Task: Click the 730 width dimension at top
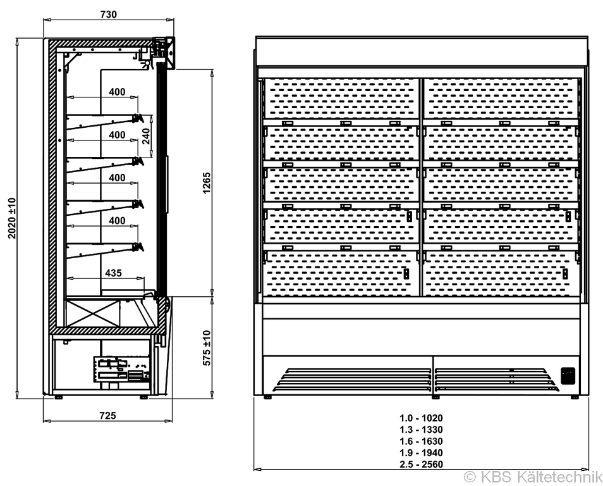(x=109, y=15)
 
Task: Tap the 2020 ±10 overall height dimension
(x=12, y=218)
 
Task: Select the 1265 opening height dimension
(x=207, y=183)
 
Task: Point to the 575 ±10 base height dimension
(x=207, y=348)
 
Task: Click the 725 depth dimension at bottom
(x=107, y=416)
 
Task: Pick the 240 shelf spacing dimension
(x=146, y=136)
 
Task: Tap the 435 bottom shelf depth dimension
(x=113, y=273)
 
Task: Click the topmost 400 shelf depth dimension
(x=117, y=92)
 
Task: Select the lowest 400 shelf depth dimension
(x=117, y=220)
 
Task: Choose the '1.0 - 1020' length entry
(x=421, y=418)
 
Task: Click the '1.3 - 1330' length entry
(x=421, y=430)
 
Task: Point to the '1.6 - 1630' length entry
(x=421, y=441)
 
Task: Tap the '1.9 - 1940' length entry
(x=421, y=452)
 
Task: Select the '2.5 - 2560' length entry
(x=421, y=464)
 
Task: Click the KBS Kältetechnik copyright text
(x=533, y=477)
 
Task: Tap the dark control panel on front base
(x=568, y=376)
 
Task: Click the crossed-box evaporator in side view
(x=93, y=313)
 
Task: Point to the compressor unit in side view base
(x=121, y=369)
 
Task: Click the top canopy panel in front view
(x=422, y=51)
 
